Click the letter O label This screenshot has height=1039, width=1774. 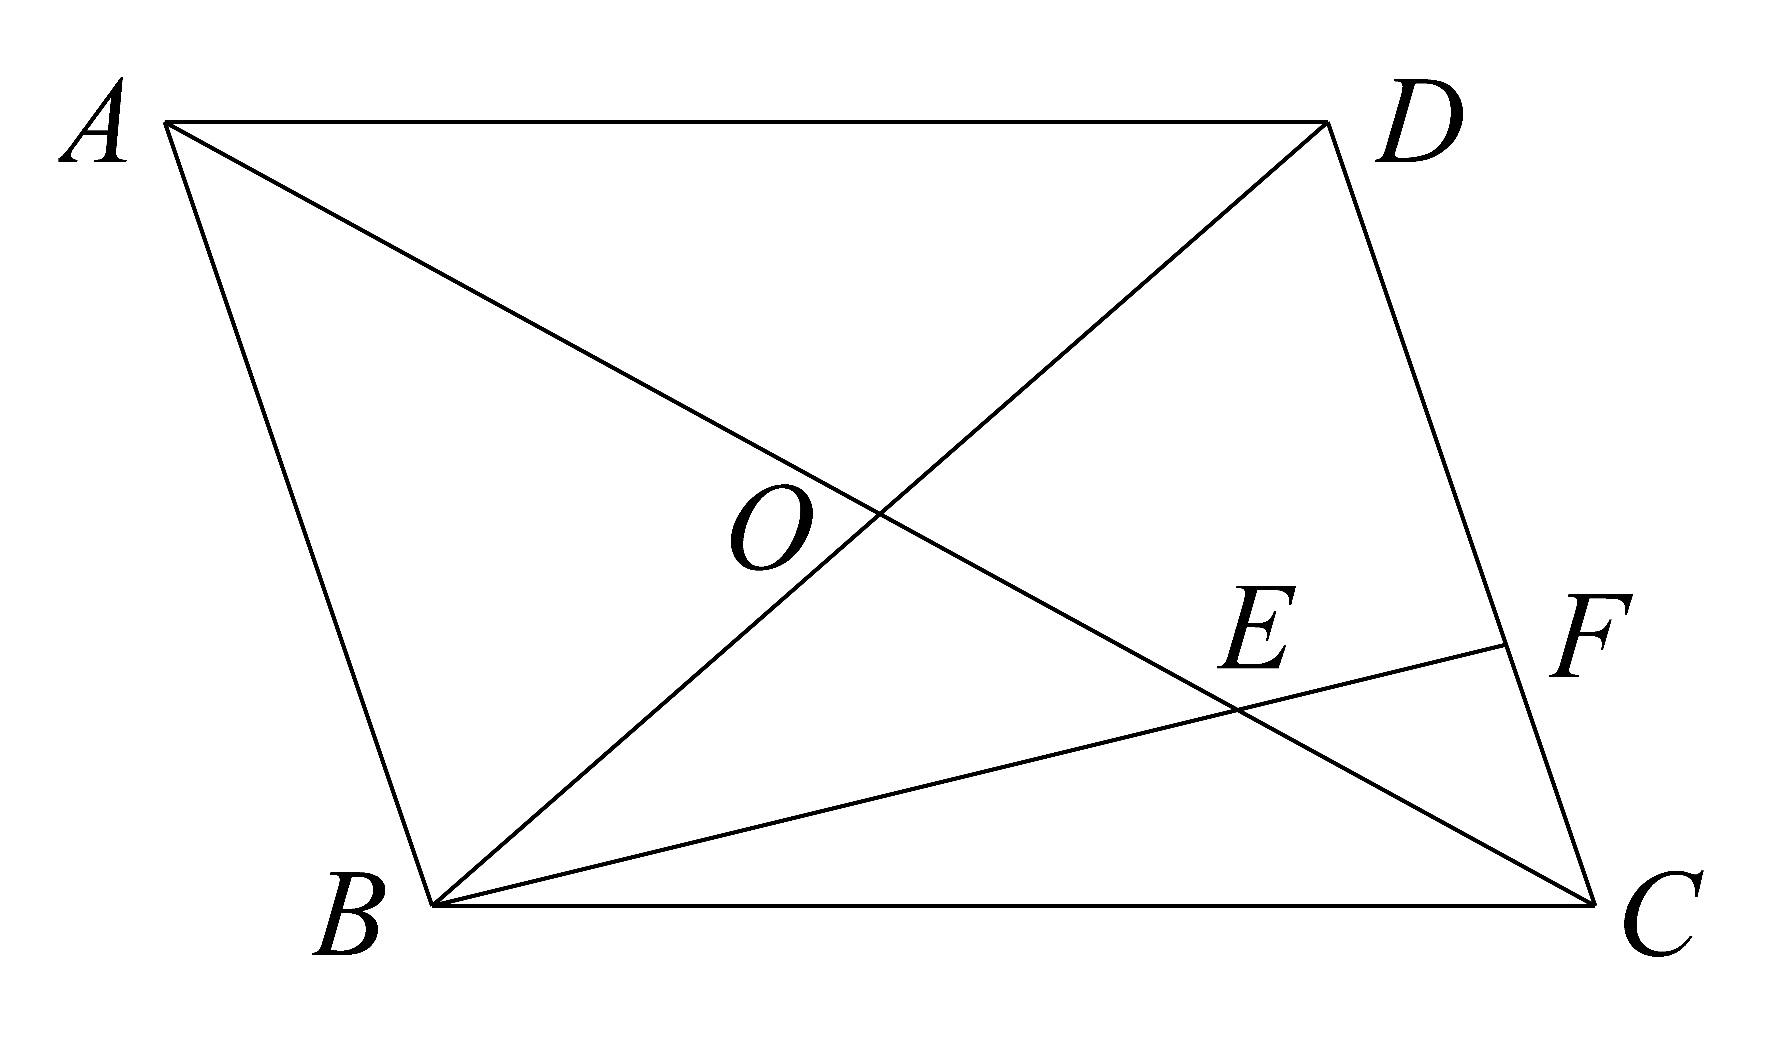pos(772,528)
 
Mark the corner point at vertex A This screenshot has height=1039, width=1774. pos(165,122)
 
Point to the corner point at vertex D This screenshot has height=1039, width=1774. pos(1328,122)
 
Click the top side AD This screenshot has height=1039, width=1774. pos(746,122)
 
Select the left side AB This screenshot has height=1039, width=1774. pos(299,514)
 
